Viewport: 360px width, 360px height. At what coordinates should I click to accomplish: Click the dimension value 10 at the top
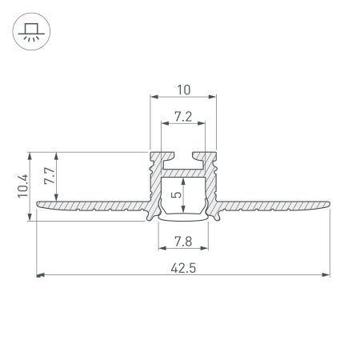(183, 89)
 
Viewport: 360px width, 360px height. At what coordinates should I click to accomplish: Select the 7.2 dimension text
(183, 117)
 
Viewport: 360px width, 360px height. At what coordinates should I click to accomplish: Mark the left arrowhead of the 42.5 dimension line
(41, 275)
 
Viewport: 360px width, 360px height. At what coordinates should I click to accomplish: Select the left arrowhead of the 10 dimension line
(154, 98)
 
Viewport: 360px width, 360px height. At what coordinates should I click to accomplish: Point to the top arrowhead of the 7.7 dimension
(54, 154)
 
